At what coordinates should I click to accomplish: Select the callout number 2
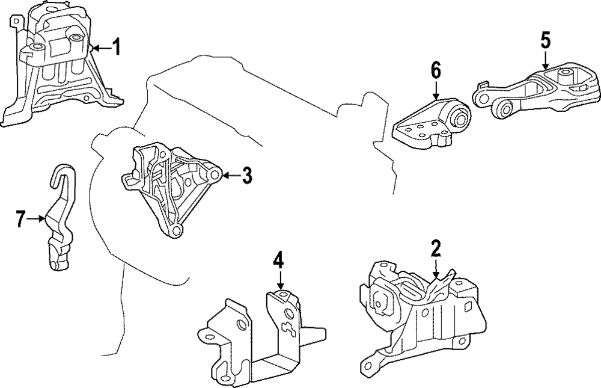[x=436, y=248]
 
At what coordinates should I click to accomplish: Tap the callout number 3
[x=247, y=176]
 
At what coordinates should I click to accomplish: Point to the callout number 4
[x=278, y=261]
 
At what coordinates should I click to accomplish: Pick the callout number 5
[x=545, y=41]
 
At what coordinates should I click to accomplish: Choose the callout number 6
[x=436, y=70]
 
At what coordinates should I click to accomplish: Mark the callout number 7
[x=21, y=220]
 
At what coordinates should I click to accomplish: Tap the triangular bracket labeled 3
[x=171, y=186]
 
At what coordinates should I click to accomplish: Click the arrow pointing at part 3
[x=231, y=176]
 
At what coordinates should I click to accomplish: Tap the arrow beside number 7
[x=37, y=220]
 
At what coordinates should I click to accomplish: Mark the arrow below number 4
[x=279, y=282]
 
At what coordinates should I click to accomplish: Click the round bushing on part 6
[x=462, y=115]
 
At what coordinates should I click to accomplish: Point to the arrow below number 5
[x=545, y=60]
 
